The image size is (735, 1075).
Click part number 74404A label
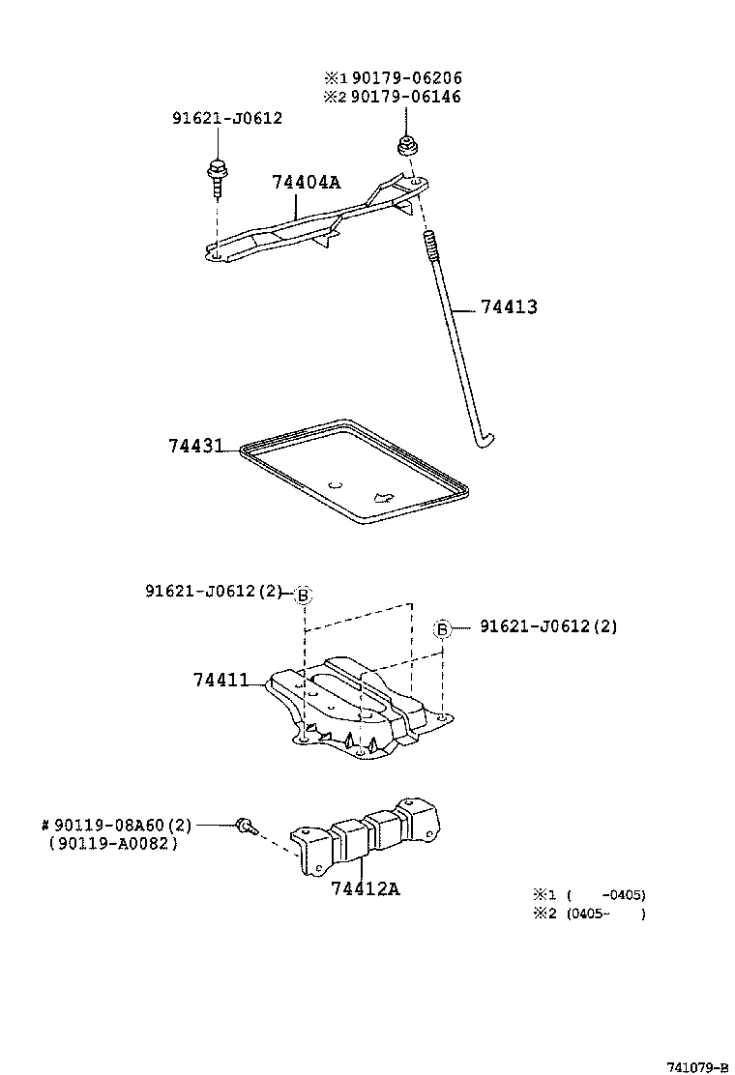[x=306, y=182]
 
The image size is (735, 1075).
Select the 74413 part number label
[x=509, y=307]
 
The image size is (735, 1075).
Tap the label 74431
[x=195, y=447]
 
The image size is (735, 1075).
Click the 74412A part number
[x=365, y=887]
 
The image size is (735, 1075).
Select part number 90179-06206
[x=406, y=77]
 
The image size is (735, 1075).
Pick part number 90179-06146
[x=406, y=97]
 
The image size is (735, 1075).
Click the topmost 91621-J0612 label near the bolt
[x=227, y=118]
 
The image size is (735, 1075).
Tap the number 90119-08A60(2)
[x=116, y=825]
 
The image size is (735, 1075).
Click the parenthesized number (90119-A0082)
[x=113, y=843]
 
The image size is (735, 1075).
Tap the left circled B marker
[x=303, y=595]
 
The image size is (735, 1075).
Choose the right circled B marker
[x=442, y=628]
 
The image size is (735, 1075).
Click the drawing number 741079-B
[x=696, y=1066]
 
